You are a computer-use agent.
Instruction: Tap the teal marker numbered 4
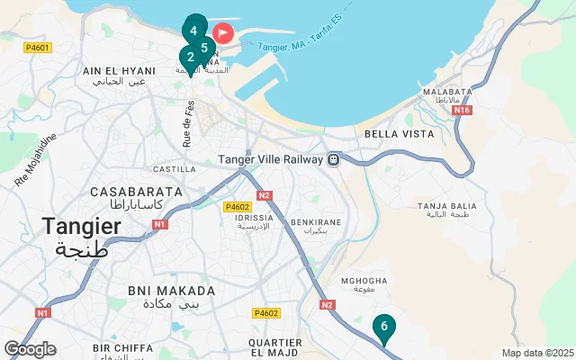coord(193,29)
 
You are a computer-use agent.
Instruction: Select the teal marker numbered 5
coord(204,48)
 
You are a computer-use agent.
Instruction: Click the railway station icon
coord(333,159)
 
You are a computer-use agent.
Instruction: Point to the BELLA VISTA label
coord(399,134)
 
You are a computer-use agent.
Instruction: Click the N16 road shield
coord(463,110)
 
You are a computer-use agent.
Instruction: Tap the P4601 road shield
coord(39,48)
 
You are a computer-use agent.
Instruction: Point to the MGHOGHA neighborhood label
coord(364,280)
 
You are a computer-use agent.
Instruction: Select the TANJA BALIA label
coord(445,207)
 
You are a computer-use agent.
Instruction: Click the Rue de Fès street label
coord(188,123)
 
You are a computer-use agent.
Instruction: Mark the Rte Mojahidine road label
coord(36,160)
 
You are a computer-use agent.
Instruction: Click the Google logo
coord(30,349)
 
